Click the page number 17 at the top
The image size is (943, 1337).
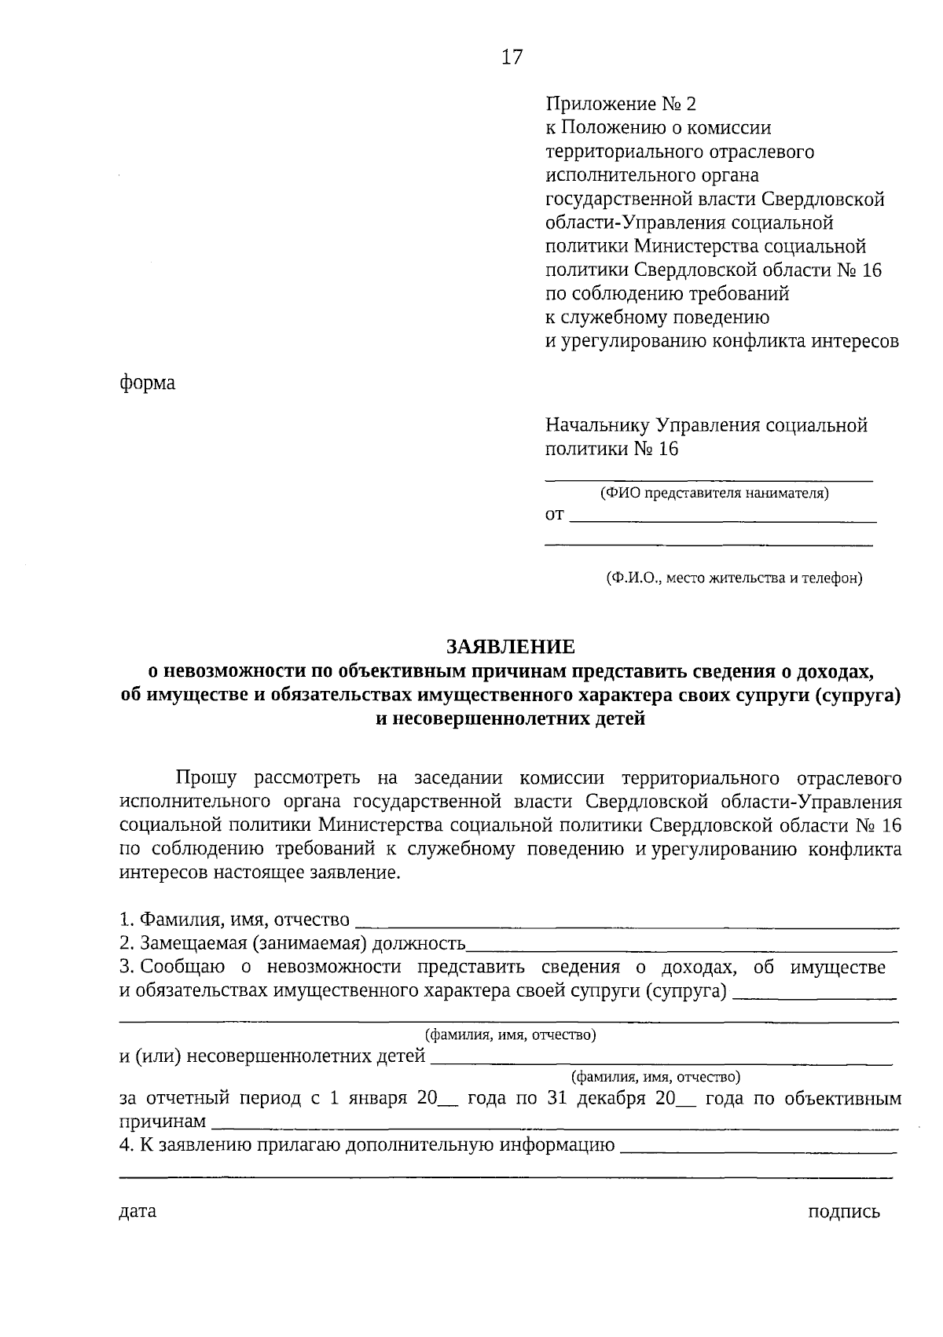pos(512,57)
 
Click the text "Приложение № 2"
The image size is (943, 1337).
pos(621,104)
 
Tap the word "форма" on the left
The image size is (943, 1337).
pos(147,384)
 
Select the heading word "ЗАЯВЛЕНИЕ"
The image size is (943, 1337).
pos(511,647)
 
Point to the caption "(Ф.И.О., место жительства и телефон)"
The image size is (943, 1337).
pos(734,579)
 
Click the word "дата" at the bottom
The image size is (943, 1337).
pos(138,1211)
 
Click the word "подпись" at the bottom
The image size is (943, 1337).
pos(844,1212)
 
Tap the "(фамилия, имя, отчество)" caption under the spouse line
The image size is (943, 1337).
pos(510,1034)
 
